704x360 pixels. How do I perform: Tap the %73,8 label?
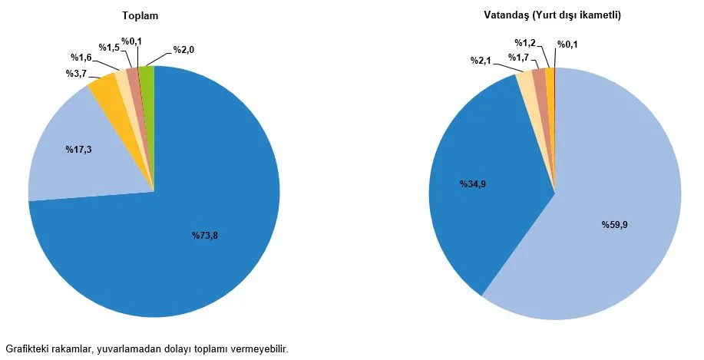pyautogui.click(x=205, y=236)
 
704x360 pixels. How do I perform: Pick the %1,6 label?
pyautogui.click(x=82, y=58)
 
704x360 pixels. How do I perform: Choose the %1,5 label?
pyautogui.click(x=110, y=48)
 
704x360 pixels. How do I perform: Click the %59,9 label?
pyautogui.click(x=615, y=225)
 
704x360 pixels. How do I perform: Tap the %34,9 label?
pyautogui.click(x=473, y=184)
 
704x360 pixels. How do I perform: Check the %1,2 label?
pyautogui.click(x=524, y=43)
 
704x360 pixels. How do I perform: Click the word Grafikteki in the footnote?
pyautogui.click(x=27, y=349)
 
